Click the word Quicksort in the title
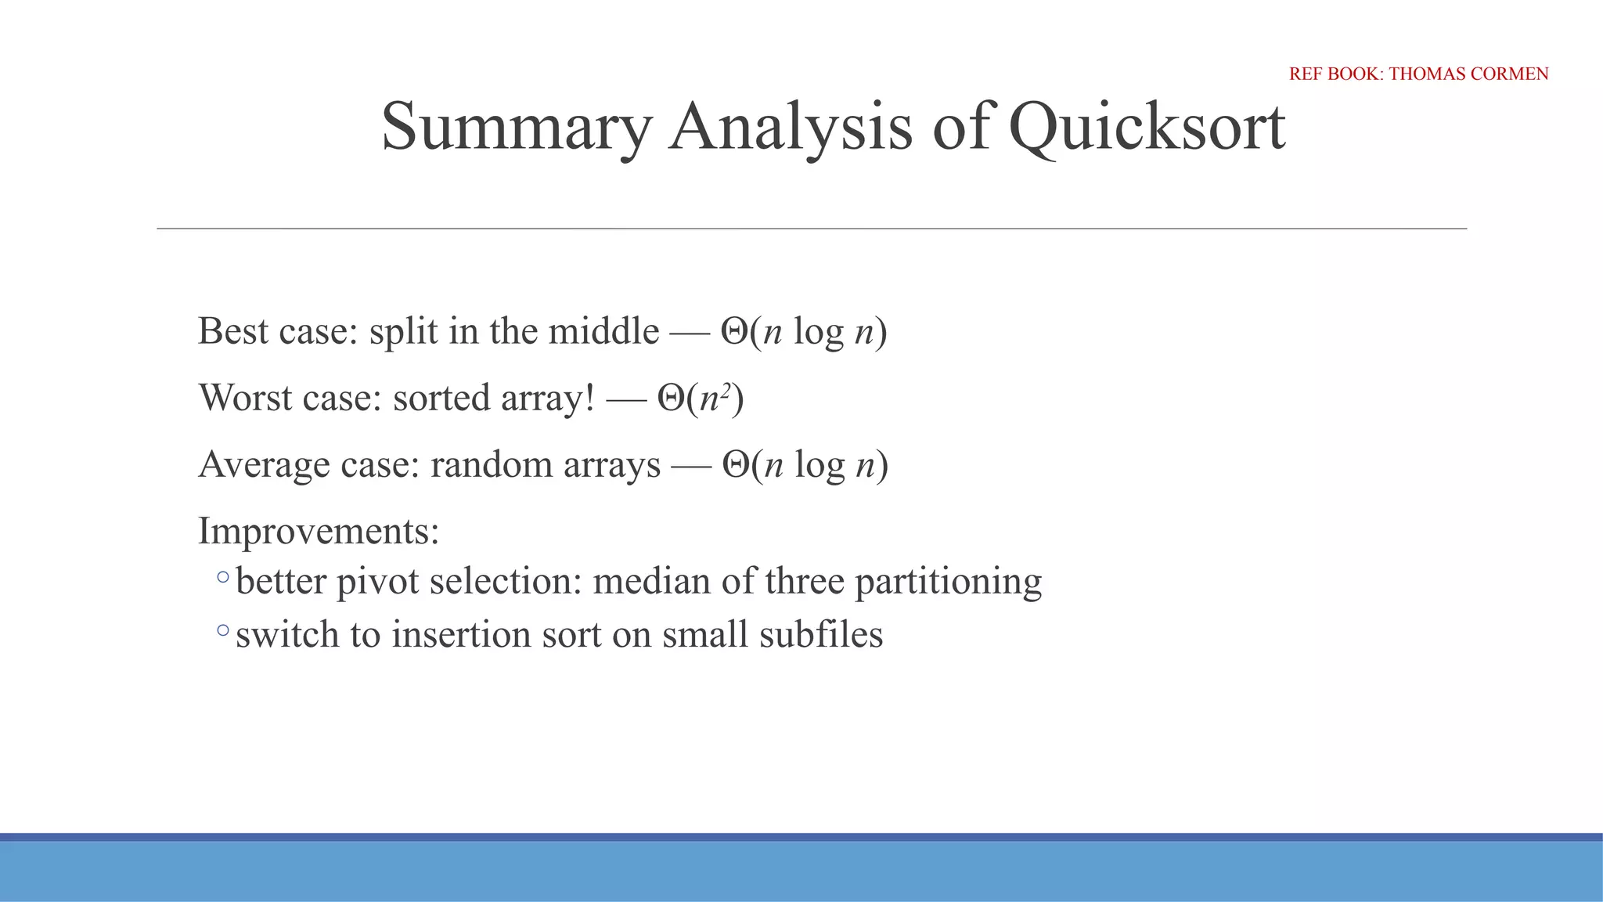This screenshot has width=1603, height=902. click(1147, 127)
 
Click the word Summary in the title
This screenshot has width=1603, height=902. click(516, 127)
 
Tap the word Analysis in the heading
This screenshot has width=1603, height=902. click(791, 127)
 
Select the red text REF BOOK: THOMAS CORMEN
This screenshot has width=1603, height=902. click(1418, 74)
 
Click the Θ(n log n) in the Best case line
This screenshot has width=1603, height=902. click(804, 331)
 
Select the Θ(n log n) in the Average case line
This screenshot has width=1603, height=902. click(805, 465)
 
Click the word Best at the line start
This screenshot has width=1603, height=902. click(233, 331)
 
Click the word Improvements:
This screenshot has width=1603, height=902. click(319, 532)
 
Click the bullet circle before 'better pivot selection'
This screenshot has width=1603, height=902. click(223, 578)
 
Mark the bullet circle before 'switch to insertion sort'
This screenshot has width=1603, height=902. click(223, 630)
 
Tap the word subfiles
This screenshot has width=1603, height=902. click(821, 634)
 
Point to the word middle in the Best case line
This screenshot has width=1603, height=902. click(603, 331)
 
